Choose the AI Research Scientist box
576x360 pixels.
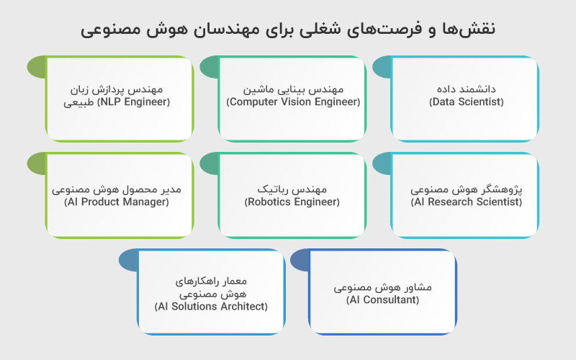(465, 195)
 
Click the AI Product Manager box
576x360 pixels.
(119, 195)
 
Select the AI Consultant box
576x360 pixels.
(382, 292)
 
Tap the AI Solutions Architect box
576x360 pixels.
(211, 292)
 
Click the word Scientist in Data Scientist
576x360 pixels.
(480, 102)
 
